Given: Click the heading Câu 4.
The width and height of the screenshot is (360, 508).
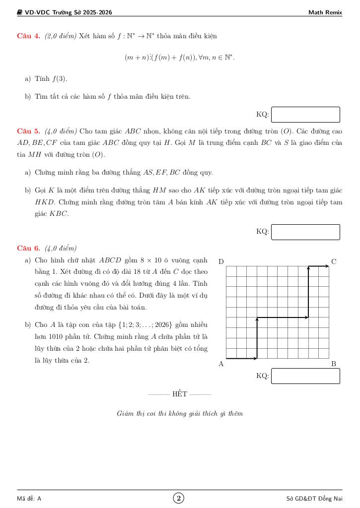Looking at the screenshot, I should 29,36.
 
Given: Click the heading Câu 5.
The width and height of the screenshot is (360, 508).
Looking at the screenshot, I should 29,131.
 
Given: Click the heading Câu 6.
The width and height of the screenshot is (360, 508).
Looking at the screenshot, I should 29,248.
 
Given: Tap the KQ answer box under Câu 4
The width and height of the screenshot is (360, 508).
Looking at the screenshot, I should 305,115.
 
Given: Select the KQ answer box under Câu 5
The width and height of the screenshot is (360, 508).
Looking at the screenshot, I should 305,232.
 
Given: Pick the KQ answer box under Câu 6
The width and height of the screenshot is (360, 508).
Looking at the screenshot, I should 305,376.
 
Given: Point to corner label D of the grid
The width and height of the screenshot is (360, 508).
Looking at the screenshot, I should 221,261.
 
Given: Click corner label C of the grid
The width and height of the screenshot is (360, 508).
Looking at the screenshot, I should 334,261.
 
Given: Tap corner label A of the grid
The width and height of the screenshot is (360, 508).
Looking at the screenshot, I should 221,364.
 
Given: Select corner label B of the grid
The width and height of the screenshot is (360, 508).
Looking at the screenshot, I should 334,364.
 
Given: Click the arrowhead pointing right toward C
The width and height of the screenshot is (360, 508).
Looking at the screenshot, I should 326,266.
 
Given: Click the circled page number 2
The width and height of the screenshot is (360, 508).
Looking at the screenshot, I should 179,498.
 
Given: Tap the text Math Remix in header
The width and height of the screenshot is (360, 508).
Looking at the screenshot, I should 325,12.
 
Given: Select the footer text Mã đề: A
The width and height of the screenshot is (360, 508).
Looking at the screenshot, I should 29,499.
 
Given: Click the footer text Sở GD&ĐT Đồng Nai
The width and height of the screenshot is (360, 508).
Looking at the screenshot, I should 314,499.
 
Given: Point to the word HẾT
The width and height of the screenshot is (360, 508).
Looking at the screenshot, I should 180,394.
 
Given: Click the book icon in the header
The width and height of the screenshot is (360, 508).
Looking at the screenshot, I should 20,12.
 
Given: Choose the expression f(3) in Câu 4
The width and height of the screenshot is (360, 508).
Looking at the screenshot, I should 60,79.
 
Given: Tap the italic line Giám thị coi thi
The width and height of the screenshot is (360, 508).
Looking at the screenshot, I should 180,413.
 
